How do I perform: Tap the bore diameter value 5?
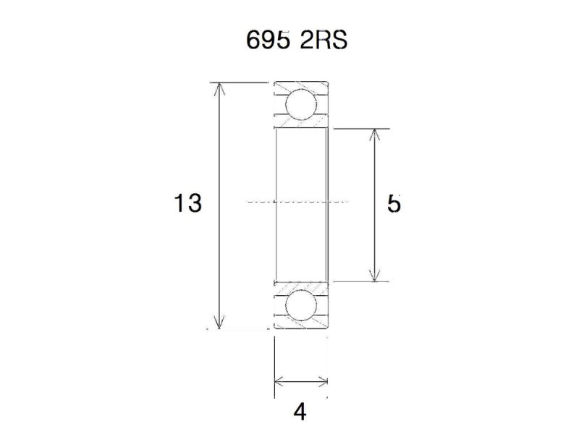tap(393, 204)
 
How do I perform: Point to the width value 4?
tap(300, 412)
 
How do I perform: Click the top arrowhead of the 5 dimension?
tap(374, 135)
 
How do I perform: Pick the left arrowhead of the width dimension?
tap(279, 381)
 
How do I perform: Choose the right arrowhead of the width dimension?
tap(323, 381)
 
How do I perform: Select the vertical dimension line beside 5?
tap(374, 174)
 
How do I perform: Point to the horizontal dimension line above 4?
tap(301, 381)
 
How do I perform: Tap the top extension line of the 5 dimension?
tap(362, 129)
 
